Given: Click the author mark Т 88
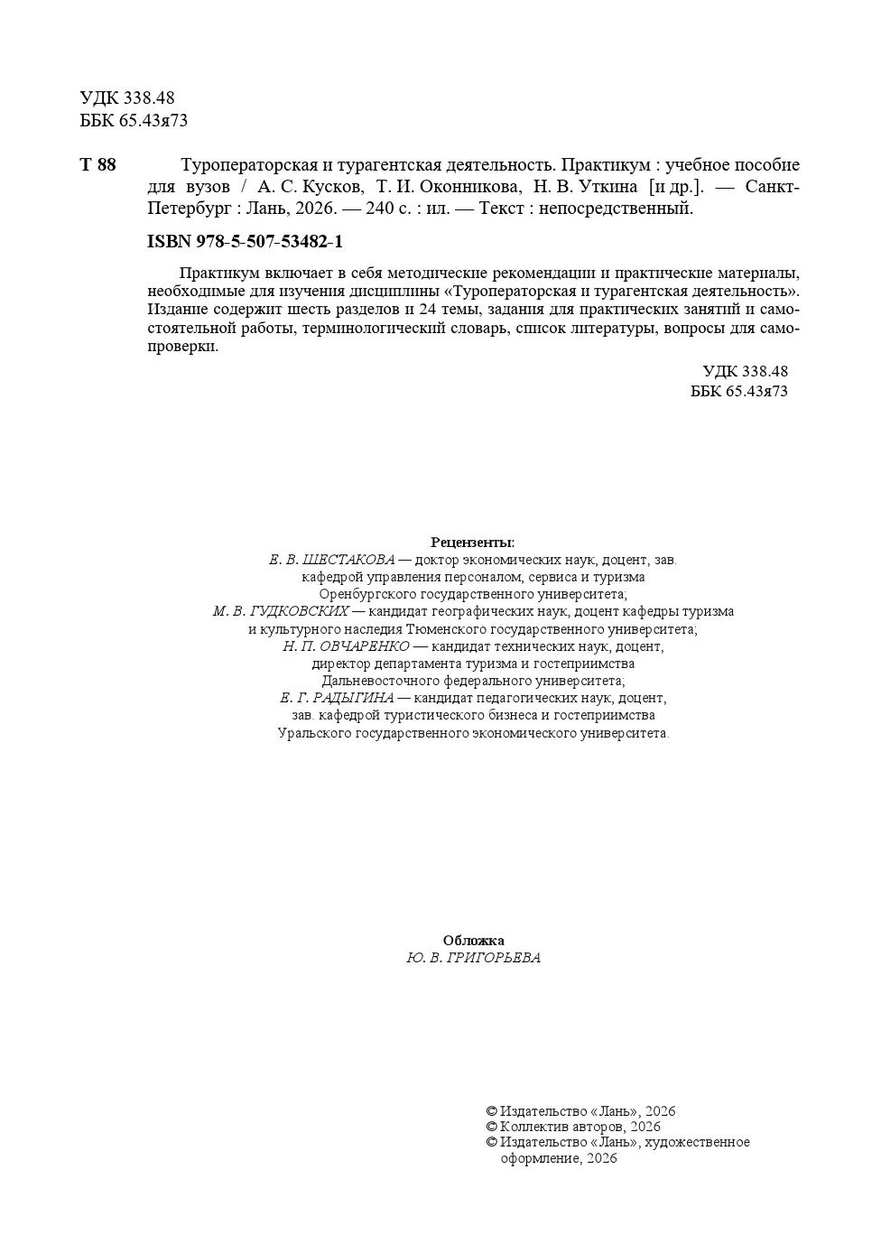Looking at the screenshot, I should [98, 165].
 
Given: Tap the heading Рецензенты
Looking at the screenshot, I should [472, 543].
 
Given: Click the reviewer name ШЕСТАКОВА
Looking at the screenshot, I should [348, 560].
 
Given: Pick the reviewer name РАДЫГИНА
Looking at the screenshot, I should [355, 698].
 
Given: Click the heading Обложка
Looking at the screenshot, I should [473, 941].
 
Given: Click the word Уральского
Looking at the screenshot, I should [312, 733].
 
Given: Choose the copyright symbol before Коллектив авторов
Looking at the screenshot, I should [491, 1127].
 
